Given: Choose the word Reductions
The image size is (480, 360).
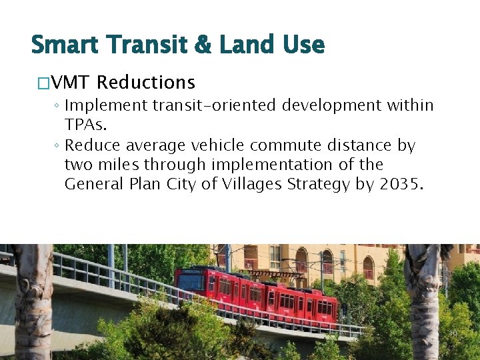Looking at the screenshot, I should pos(146,83).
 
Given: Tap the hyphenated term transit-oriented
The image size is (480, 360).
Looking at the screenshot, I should pos(215,106).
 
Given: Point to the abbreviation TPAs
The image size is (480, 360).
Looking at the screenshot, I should pos(85,125).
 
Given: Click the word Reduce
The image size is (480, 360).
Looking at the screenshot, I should pos(92,145).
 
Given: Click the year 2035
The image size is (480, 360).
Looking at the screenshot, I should pos(401,183).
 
